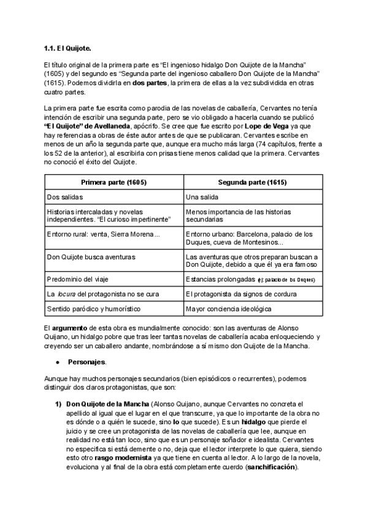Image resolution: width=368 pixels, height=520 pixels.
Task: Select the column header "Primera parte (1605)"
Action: point(113,183)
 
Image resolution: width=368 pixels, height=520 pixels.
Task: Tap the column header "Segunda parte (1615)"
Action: point(253,183)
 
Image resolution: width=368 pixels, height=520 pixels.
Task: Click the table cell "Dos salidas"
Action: point(65,197)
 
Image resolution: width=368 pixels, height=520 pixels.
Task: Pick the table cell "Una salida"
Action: point(203,197)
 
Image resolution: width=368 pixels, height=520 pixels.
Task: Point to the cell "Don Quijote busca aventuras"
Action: point(91,257)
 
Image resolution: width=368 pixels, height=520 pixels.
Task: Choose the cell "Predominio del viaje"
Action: point(77,279)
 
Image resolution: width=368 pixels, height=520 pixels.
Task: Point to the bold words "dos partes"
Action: point(151,83)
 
